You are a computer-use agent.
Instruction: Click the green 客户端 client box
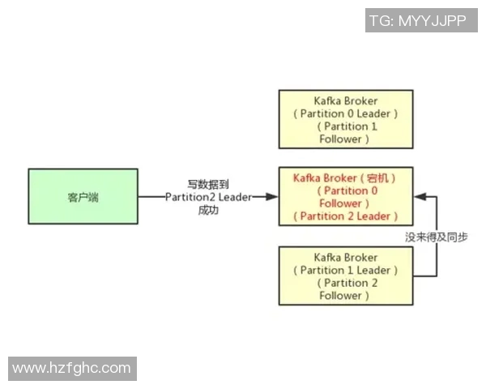83,196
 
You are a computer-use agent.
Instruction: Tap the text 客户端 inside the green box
83,197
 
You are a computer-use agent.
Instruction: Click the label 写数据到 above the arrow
208,184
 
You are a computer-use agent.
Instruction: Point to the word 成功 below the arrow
208,210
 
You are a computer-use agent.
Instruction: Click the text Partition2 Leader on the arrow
208,197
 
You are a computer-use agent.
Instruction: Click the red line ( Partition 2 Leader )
345,216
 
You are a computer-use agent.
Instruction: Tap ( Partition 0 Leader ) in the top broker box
345,113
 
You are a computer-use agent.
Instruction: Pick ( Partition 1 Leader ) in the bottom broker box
345,270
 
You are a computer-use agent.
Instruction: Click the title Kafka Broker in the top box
345,100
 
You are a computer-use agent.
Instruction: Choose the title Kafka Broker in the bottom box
345,257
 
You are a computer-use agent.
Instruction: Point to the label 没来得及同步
436,237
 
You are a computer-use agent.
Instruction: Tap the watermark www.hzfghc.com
71,368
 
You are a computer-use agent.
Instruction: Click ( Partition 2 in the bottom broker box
345,283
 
